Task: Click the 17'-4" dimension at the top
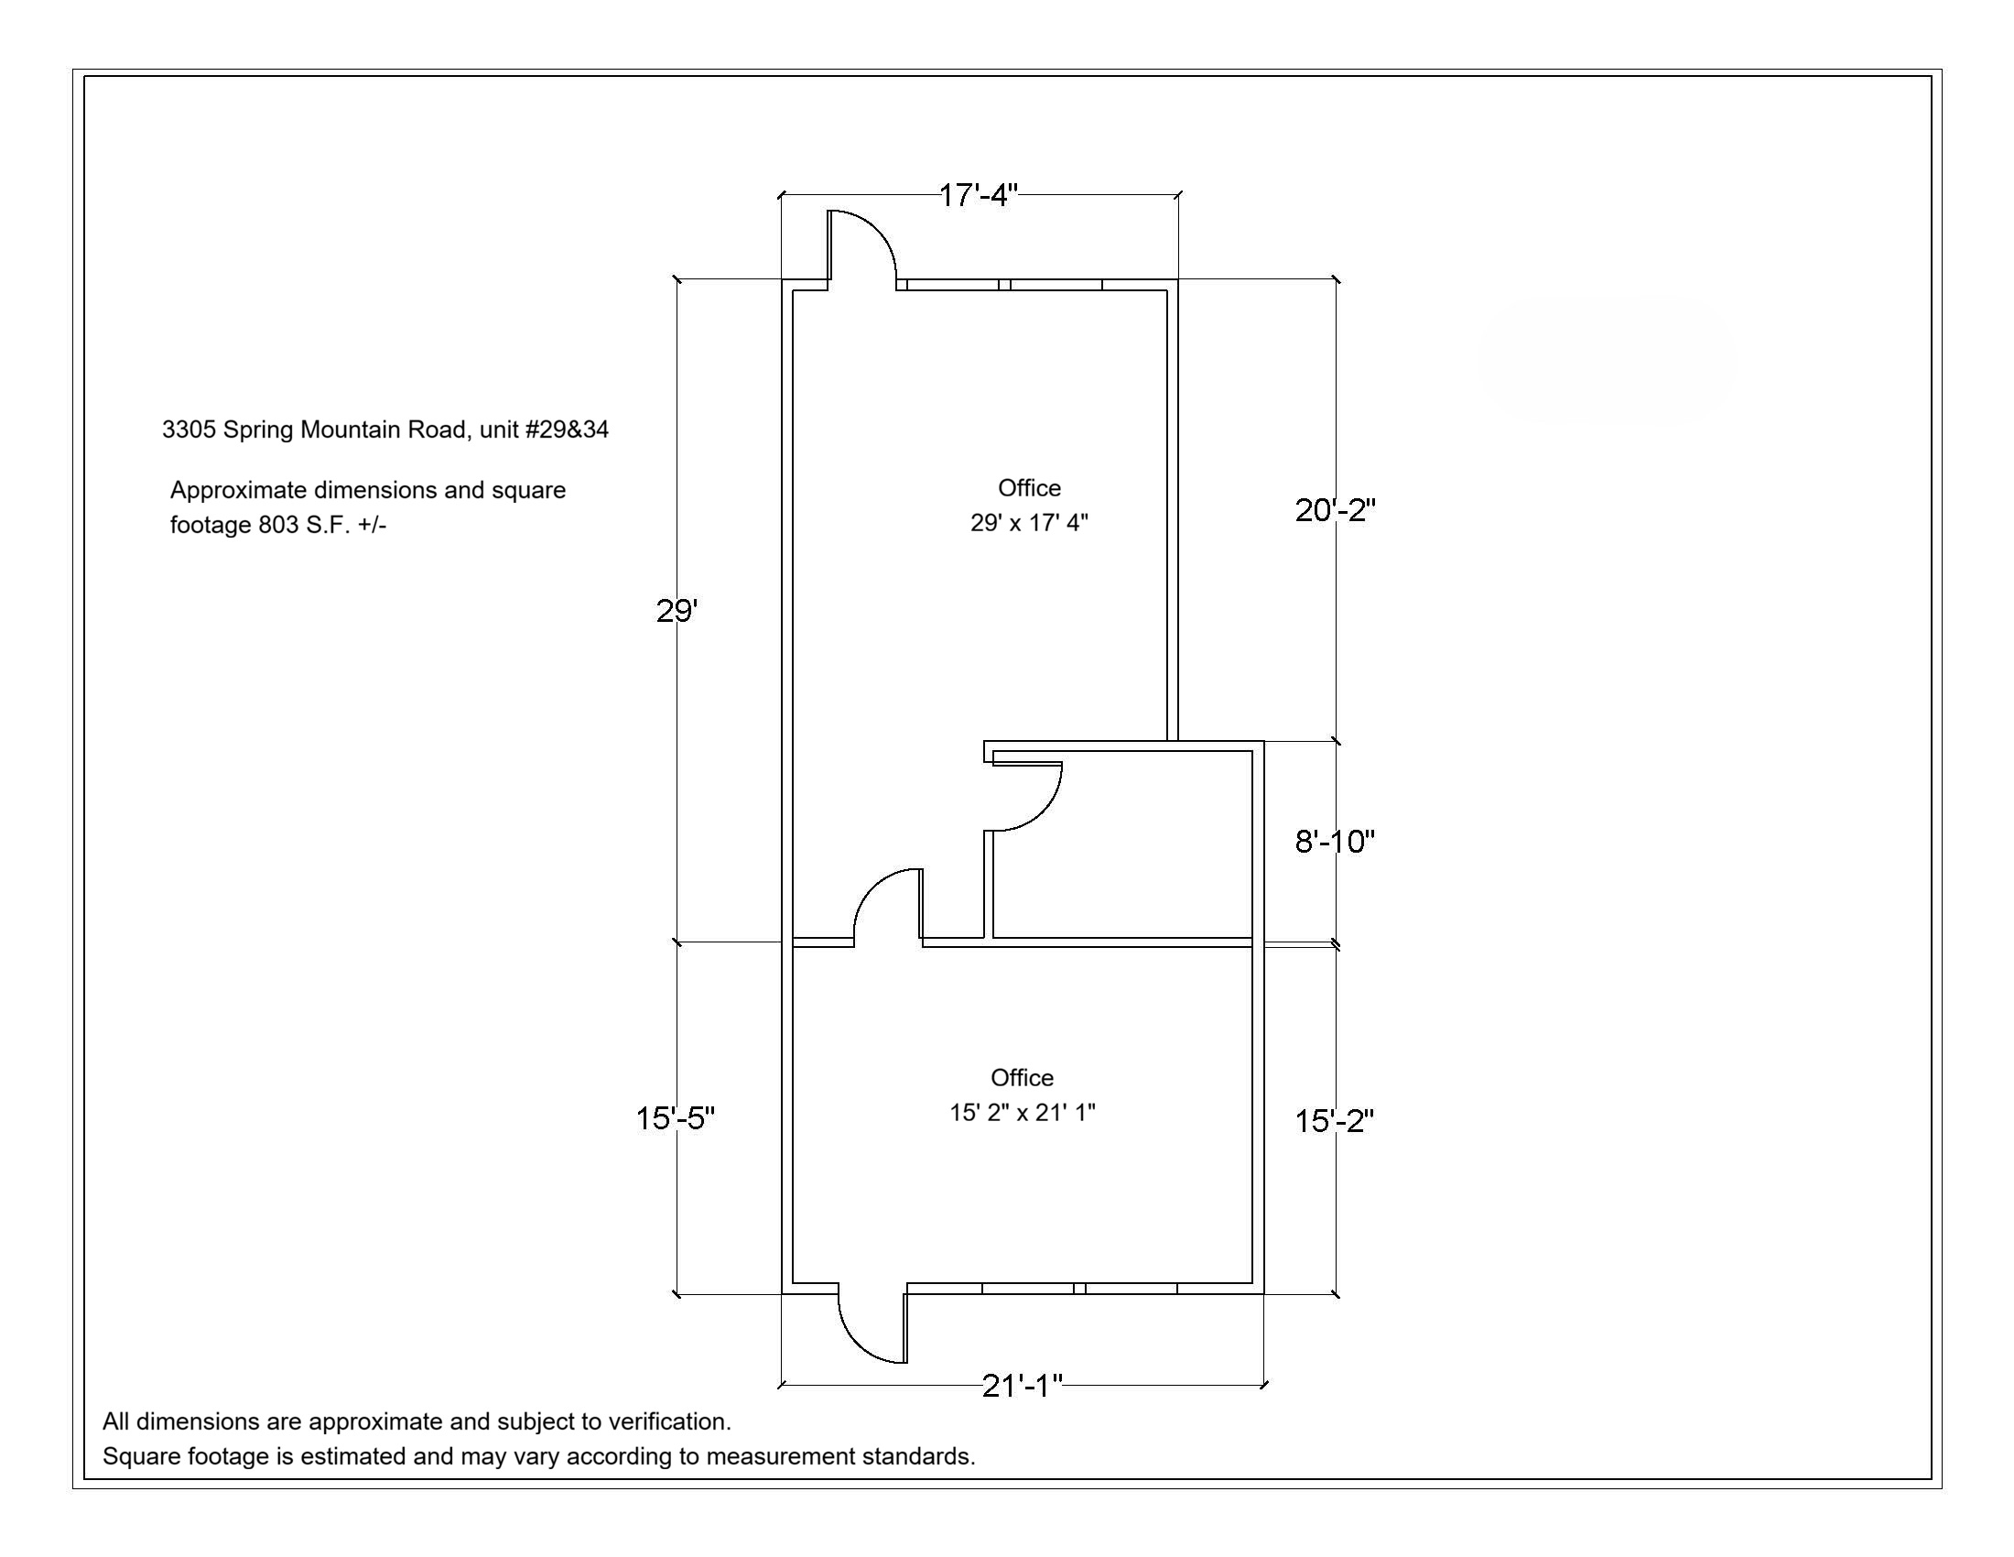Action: point(979,196)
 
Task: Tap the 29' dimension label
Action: point(677,611)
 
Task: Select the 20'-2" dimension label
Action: point(1335,510)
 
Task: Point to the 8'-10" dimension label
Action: point(1335,841)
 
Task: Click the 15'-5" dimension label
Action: point(675,1118)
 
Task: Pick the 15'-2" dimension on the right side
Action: point(1335,1121)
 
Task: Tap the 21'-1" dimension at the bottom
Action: point(1022,1386)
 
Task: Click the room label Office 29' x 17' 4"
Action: point(1029,506)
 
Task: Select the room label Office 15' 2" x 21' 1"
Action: point(1023,1094)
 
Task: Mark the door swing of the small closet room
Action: point(1045,811)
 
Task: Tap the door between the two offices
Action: point(871,887)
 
